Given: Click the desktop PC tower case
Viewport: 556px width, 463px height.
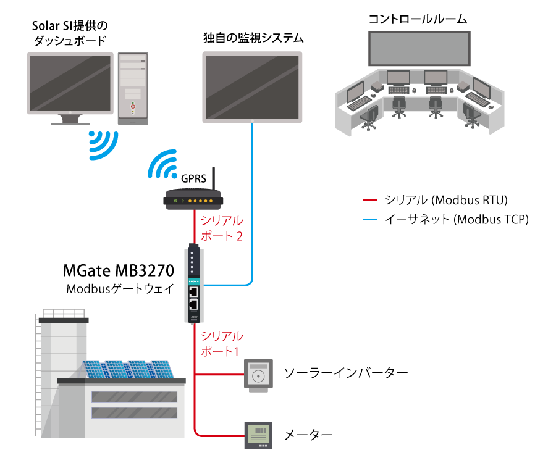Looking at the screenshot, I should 133,88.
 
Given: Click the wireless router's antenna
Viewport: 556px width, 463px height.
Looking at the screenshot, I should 213,179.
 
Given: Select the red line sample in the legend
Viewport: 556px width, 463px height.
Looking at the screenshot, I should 369,200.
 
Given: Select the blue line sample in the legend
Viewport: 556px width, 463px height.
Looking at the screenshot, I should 369,219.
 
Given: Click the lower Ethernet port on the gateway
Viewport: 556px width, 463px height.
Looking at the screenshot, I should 193,304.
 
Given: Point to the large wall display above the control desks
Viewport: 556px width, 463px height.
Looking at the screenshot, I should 419,48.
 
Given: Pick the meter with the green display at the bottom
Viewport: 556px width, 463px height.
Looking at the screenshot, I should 258,435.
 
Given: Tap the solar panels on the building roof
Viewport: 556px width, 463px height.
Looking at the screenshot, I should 128,369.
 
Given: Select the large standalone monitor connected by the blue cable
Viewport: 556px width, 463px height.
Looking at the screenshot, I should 253,86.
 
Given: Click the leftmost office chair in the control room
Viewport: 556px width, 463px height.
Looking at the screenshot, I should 369,117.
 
